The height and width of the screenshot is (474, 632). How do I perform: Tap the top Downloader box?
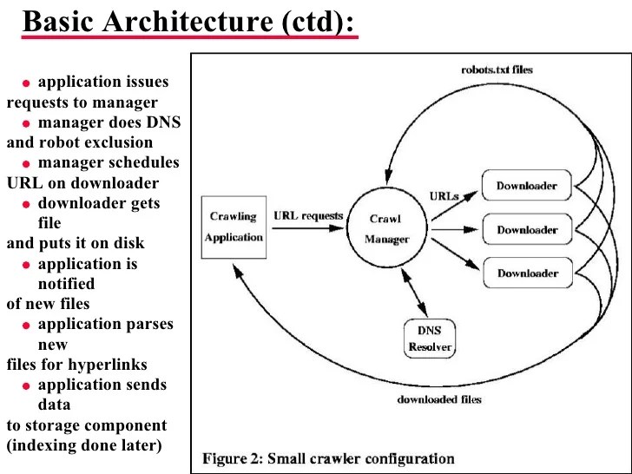(527, 186)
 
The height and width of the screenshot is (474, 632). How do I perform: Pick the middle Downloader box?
(527, 230)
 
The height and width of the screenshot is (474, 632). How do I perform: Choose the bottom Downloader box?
(527, 273)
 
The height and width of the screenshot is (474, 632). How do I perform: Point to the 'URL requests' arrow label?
(308, 215)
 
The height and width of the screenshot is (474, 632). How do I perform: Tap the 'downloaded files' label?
(439, 400)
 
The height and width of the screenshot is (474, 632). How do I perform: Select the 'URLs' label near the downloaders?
(444, 197)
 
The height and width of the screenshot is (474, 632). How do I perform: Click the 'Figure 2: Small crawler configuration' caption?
(328, 458)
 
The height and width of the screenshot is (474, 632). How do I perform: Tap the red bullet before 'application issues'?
(27, 84)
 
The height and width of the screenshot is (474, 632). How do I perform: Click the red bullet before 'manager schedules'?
(27, 164)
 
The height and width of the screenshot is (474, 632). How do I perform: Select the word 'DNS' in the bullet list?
(162, 122)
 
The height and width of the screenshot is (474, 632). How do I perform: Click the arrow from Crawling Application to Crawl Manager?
(308, 229)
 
